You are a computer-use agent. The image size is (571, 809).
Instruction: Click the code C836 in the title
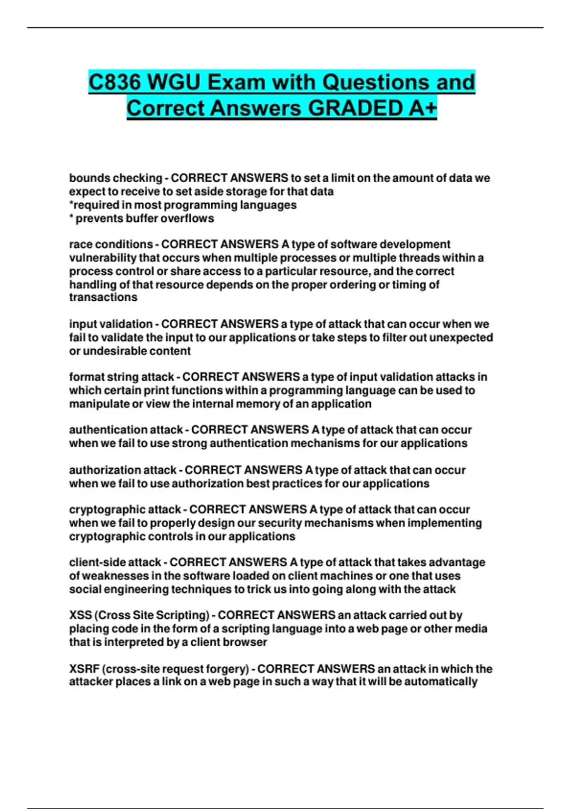click(x=115, y=82)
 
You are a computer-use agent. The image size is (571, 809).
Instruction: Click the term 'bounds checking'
click(x=116, y=178)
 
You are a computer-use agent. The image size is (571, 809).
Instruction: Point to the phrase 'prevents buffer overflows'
click(x=145, y=218)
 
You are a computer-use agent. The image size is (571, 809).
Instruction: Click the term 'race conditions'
click(x=111, y=244)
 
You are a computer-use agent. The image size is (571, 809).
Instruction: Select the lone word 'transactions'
click(x=103, y=297)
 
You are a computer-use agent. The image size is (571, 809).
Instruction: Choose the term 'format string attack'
click(x=121, y=377)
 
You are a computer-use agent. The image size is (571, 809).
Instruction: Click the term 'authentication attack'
click(x=126, y=430)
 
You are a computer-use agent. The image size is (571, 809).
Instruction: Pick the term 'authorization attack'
click(x=123, y=470)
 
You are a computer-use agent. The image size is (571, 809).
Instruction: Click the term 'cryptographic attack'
click(x=125, y=510)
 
